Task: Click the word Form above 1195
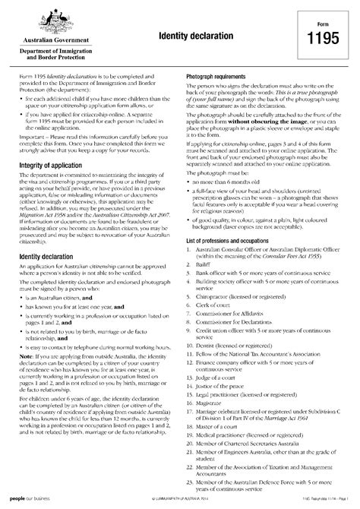point(323,30)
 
